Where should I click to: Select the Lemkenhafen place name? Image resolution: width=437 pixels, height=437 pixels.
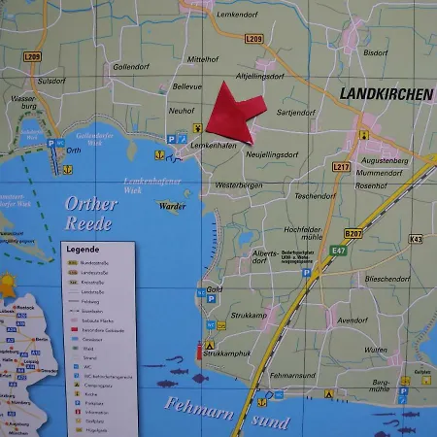click(x=214, y=147)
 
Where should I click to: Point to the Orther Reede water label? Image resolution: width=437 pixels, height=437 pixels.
click(x=91, y=214)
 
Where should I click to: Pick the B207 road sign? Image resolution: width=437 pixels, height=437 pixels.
click(x=352, y=234)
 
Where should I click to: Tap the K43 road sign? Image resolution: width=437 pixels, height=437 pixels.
click(x=416, y=238)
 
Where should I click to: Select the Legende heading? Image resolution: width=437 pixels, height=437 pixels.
click(x=83, y=249)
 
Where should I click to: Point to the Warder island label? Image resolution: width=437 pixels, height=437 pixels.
click(x=172, y=206)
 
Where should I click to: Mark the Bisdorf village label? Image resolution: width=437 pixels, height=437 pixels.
click(x=374, y=52)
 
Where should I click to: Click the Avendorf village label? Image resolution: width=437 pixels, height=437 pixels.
click(x=352, y=319)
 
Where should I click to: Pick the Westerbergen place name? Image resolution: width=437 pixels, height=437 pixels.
click(x=239, y=185)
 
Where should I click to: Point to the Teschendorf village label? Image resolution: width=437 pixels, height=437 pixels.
click(x=315, y=196)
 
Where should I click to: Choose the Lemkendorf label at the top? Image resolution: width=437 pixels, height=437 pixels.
click(x=238, y=14)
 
